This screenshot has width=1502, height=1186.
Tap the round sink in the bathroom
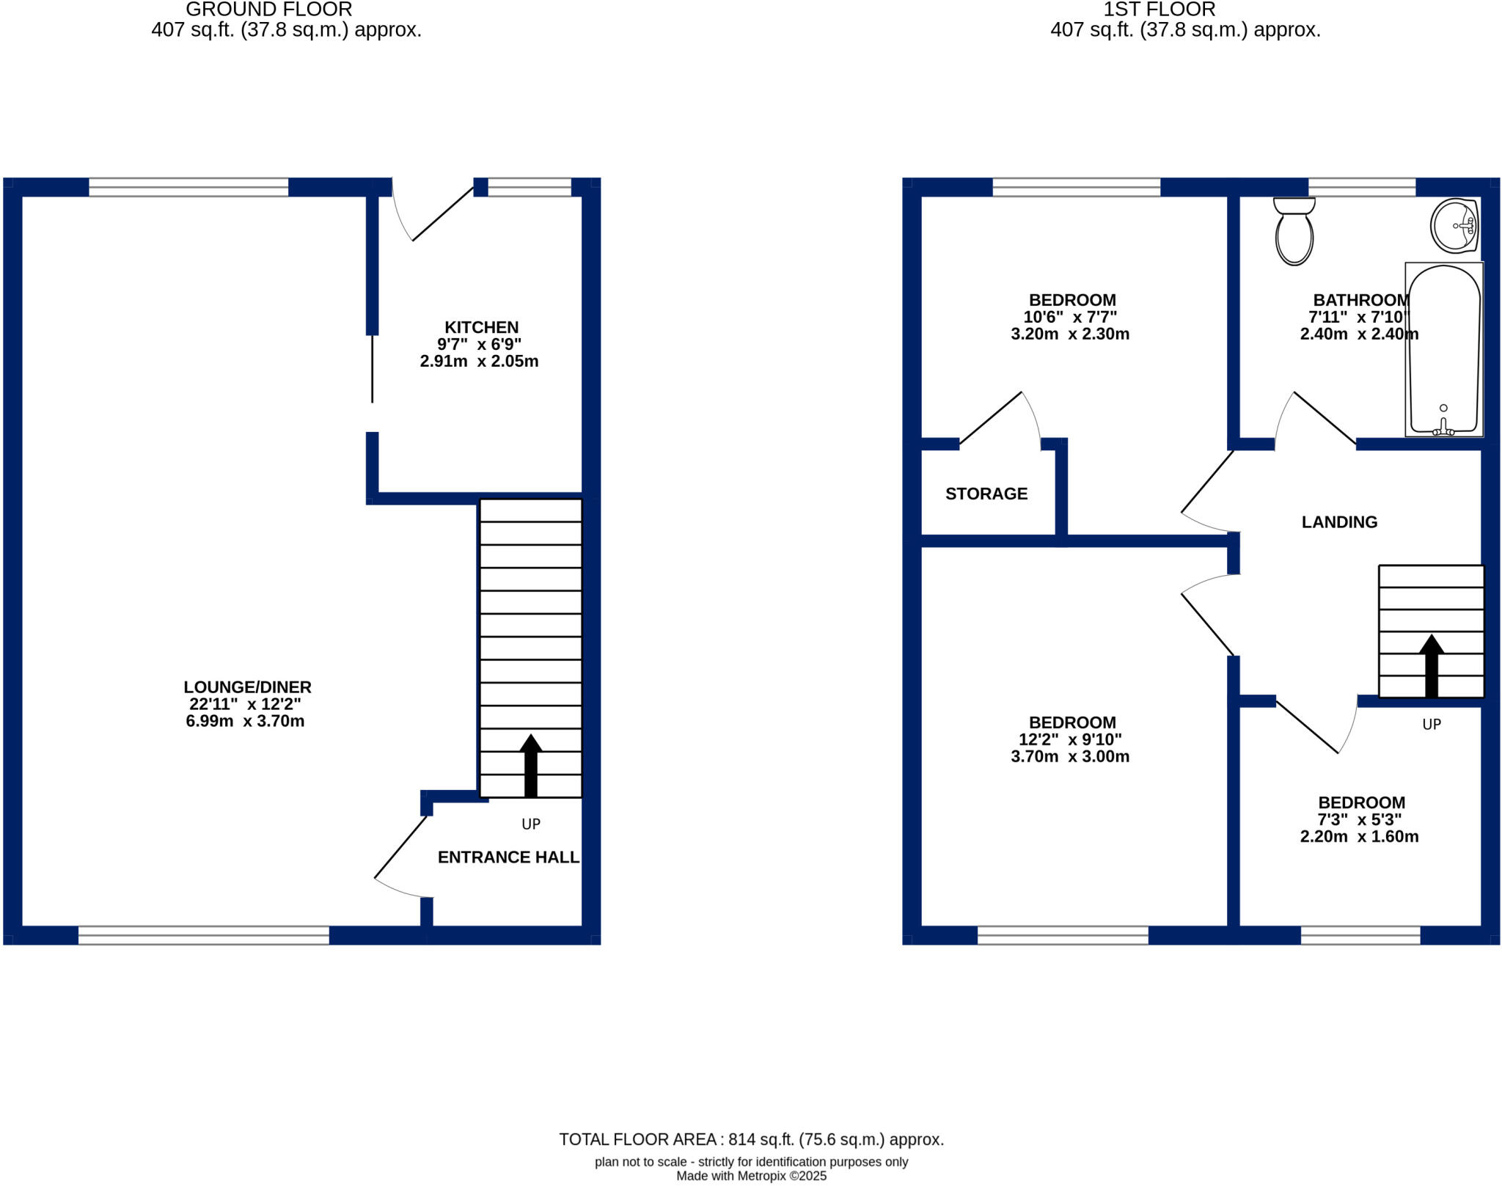point(1454,226)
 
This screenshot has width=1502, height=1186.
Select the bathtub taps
point(1443,428)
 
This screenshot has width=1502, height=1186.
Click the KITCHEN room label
point(481,327)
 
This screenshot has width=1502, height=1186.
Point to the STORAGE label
point(986,494)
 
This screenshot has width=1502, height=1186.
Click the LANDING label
point(1339,522)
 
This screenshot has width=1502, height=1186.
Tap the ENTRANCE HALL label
point(508,857)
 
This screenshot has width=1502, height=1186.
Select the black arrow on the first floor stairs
point(1431,665)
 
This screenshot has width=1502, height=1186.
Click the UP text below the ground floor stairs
point(530,824)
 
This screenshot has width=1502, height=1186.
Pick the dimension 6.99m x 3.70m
point(245,721)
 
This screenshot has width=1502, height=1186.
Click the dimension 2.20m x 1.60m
point(1359,837)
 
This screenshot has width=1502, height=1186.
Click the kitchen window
point(530,188)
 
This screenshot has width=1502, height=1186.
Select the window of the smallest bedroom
point(1360,935)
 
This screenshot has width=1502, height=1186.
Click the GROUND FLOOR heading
point(268,10)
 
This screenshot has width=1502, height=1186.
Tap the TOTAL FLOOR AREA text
point(751,1139)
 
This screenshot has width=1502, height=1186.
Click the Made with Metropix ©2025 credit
point(751,1176)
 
